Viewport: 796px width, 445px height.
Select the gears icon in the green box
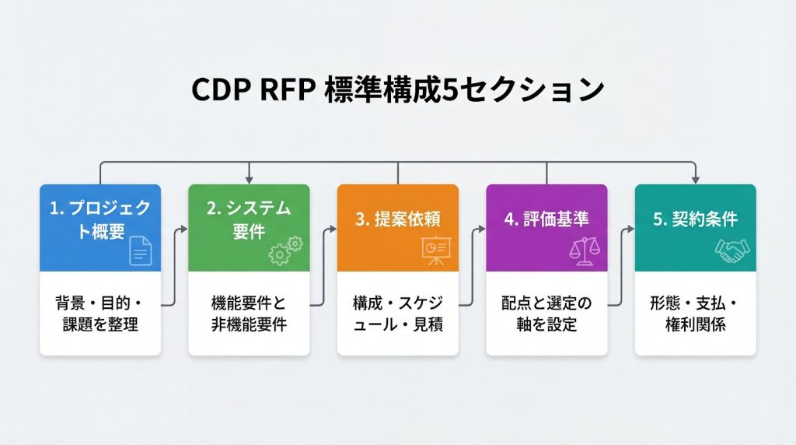(x=285, y=251)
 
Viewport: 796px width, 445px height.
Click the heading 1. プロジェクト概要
(x=100, y=221)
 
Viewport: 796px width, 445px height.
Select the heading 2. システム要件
(x=249, y=221)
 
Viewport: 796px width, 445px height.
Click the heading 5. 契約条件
(x=695, y=219)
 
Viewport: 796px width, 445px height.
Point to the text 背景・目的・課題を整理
(x=100, y=314)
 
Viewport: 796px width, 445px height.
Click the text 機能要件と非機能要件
(x=249, y=314)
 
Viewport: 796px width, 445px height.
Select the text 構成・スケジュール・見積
(x=398, y=314)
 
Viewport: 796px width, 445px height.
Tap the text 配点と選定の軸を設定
(x=546, y=314)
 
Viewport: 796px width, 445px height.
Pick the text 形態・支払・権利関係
(x=695, y=314)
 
